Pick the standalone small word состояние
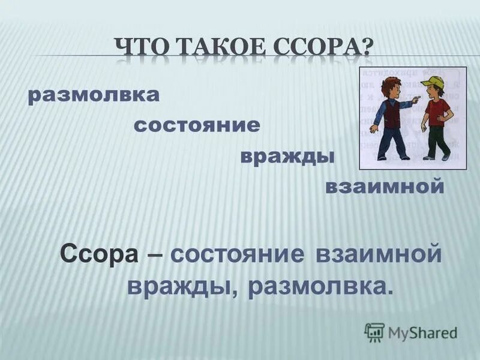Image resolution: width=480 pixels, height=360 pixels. click(x=197, y=125)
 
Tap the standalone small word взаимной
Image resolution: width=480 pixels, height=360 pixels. click(x=384, y=187)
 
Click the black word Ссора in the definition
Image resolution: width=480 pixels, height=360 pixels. click(x=100, y=254)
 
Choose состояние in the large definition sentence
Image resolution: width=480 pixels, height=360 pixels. click(x=237, y=254)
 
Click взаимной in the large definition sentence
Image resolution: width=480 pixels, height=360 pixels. click(x=377, y=254)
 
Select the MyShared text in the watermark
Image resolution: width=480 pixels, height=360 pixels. click(x=422, y=332)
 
